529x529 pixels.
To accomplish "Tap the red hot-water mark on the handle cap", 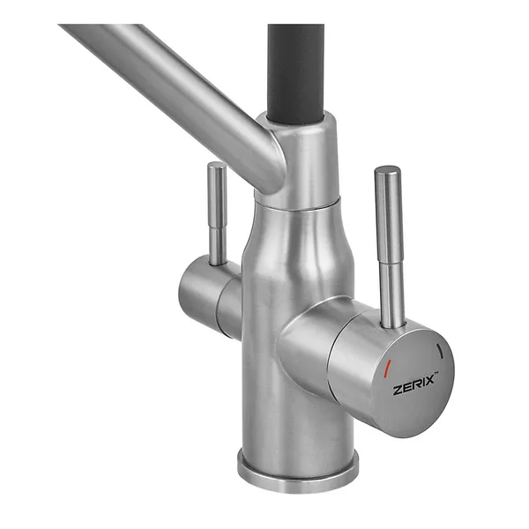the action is pyautogui.click(x=388, y=369).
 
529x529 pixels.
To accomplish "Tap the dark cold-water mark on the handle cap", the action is pyautogui.click(x=440, y=351).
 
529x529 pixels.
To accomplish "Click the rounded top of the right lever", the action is pyautogui.click(x=388, y=171).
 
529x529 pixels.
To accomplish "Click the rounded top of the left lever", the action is pyautogui.click(x=216, y=166).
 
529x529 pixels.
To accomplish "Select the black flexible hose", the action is pyautogui.click(x=296, y=72).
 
